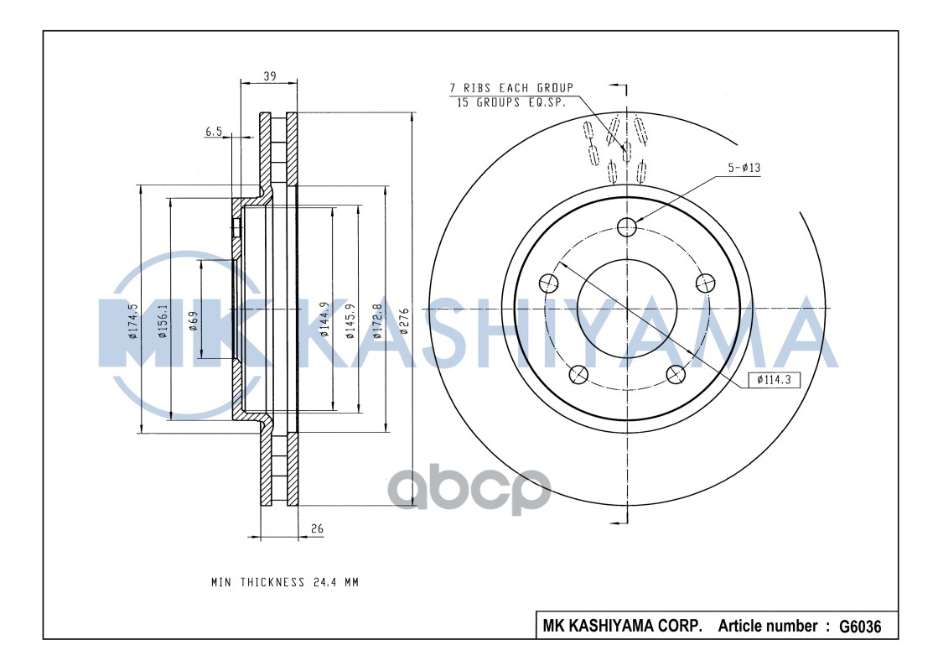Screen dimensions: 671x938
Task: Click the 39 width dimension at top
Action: tap(270, 76)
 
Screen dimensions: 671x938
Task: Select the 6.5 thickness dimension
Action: tap(213, 131)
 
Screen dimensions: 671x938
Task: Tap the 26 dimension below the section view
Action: tap(317, 528)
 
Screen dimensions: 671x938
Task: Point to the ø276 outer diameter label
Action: tap(403, 321)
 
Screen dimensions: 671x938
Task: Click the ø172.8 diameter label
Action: tap(377, 320)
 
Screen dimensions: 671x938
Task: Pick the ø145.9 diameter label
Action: tap(350, 320)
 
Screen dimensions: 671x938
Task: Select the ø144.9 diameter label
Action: tap(324, 320)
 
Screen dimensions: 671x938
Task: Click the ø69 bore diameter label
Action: tap(193, 321)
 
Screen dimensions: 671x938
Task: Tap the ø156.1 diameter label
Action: tap(163, 321)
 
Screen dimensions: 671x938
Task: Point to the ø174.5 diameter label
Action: tap(132, 321)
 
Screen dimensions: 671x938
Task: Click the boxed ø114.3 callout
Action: tap(774, 380)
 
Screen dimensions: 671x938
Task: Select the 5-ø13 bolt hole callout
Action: tap(743, 168)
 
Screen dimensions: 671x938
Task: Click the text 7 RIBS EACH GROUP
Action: tap(511, 88)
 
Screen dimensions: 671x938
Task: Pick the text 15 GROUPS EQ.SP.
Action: tap(510, 102)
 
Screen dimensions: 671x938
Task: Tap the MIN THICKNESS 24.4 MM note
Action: tap(284, 582)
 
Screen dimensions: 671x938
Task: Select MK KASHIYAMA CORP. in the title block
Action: tap(622, 627)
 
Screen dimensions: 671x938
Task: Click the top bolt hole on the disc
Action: tap(626, 226)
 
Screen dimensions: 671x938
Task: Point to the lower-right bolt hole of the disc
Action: tap(675, 374)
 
